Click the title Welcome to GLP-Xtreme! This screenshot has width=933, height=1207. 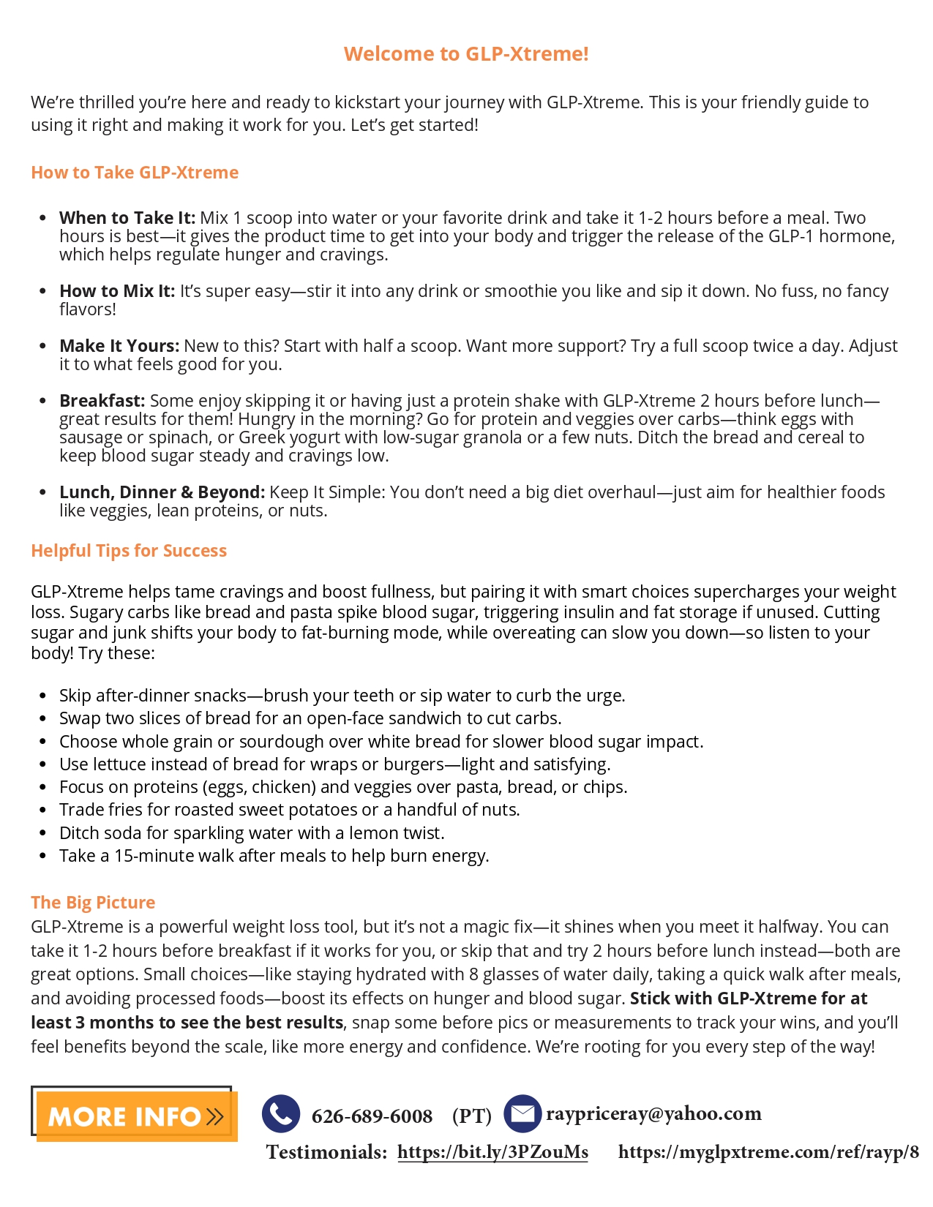pyautogui.click(x=466, y=54)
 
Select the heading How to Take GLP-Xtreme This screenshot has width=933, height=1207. pyautogui.click(x=135, y=173)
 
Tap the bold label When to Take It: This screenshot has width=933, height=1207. pyautogui.click(x=127, y=218)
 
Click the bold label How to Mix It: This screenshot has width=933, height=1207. pyautogui.click(x=117, y=291)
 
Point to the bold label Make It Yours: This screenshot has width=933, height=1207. pyautogui.click(x=119, y=346)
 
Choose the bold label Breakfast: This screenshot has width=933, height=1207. pyautogui.click(x=102, y=401)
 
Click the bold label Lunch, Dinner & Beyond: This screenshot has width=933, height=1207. pyautogui.click(x=162, y=492)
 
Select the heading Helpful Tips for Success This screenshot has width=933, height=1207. pyautogui.click(x=129, y=551)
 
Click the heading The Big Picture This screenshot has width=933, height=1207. pyautogui.click(x=93, y=903)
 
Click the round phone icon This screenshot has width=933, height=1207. pyautogui.click(x=281, y=1114)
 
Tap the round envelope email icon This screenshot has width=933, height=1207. pyautogui.click(x=522, y=1114)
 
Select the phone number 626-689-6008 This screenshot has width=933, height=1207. pyautogui.click(x=372, y=1116)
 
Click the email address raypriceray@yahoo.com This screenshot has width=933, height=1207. pyautogui.click(x=653, y=1114)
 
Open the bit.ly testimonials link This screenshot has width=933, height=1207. pyautogui.click(x=492, y=1152)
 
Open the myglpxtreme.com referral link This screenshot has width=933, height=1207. pyautogui.click(x=768, y=1152)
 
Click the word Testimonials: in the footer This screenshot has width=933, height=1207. pyautogui.click(x=326, y=1152)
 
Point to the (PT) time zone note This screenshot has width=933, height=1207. pyautogui.click(x=472, y=1116)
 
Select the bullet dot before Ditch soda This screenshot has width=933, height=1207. pyautogui.click(x=43, y=834)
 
